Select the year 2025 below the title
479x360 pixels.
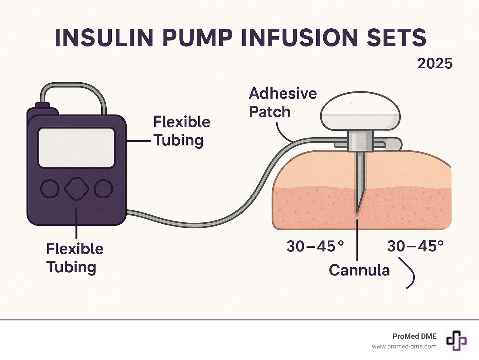435,64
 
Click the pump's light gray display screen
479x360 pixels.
76,148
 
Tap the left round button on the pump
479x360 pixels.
50,189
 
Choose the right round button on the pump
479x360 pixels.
103,189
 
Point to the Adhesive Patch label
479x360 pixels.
283,103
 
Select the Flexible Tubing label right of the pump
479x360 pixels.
181,131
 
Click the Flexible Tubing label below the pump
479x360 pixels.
75,258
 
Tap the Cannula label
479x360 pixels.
359,270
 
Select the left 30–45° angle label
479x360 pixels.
315,246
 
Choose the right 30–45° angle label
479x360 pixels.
415,246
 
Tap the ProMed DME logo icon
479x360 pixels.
456,340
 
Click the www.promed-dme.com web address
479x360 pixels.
404,347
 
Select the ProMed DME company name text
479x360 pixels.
414,336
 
